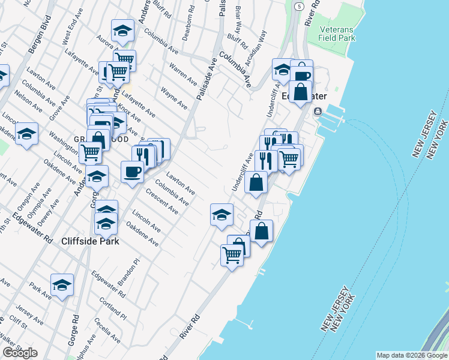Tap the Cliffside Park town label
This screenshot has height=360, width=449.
(90, 241)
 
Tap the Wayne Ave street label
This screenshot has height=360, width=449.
(173, 99)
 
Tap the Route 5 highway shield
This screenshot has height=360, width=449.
(298, 5)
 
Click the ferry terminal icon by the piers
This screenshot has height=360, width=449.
(317, 111)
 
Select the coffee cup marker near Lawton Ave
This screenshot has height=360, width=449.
(132, 172)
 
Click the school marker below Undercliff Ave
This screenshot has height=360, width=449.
(221, 214)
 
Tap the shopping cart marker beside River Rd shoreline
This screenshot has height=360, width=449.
(232, 255)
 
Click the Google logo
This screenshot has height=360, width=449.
(20, 353)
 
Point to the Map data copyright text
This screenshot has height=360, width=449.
(412, 355)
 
